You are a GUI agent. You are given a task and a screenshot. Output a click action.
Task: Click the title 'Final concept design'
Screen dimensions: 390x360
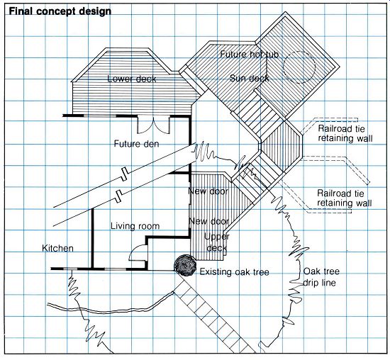click(60, 11)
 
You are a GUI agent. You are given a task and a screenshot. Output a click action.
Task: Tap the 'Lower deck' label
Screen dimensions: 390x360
click(132, 79)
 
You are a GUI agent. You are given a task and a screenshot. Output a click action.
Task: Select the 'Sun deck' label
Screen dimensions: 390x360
click(249, 79)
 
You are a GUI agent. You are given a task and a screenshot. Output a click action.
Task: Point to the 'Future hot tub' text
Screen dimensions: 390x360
click(250, 54)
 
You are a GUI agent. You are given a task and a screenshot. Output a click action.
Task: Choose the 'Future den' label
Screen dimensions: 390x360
click(136, 144)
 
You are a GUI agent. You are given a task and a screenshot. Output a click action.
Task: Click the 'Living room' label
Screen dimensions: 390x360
click(135, 226)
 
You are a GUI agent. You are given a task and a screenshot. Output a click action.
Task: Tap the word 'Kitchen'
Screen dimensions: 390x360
click(57, 248)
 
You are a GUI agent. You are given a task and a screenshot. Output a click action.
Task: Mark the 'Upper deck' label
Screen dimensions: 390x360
click(217, 242)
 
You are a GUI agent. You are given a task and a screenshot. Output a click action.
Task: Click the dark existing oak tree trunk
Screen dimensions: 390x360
click(185, 266)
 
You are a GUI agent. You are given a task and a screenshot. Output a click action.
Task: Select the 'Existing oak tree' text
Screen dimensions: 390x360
click(234, 271)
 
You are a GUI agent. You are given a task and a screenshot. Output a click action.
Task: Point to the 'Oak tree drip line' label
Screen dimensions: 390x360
click(321, 276)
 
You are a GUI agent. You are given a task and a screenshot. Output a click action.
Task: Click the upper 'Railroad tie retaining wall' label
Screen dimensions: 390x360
click(345, 133)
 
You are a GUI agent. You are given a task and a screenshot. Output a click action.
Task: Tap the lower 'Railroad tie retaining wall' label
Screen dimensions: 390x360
click(345, 198)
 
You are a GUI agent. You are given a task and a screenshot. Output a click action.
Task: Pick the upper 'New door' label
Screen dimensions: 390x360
click(208, 191)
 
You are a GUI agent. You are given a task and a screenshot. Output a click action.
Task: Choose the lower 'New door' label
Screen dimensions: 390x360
click(209, 221)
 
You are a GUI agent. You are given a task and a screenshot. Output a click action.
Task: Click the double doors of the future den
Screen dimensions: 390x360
click(154, 124)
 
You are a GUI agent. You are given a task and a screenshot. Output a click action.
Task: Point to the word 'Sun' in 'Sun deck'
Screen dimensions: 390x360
click(237, 79)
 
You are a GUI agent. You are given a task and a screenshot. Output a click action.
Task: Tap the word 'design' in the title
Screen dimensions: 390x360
click(96, 12)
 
